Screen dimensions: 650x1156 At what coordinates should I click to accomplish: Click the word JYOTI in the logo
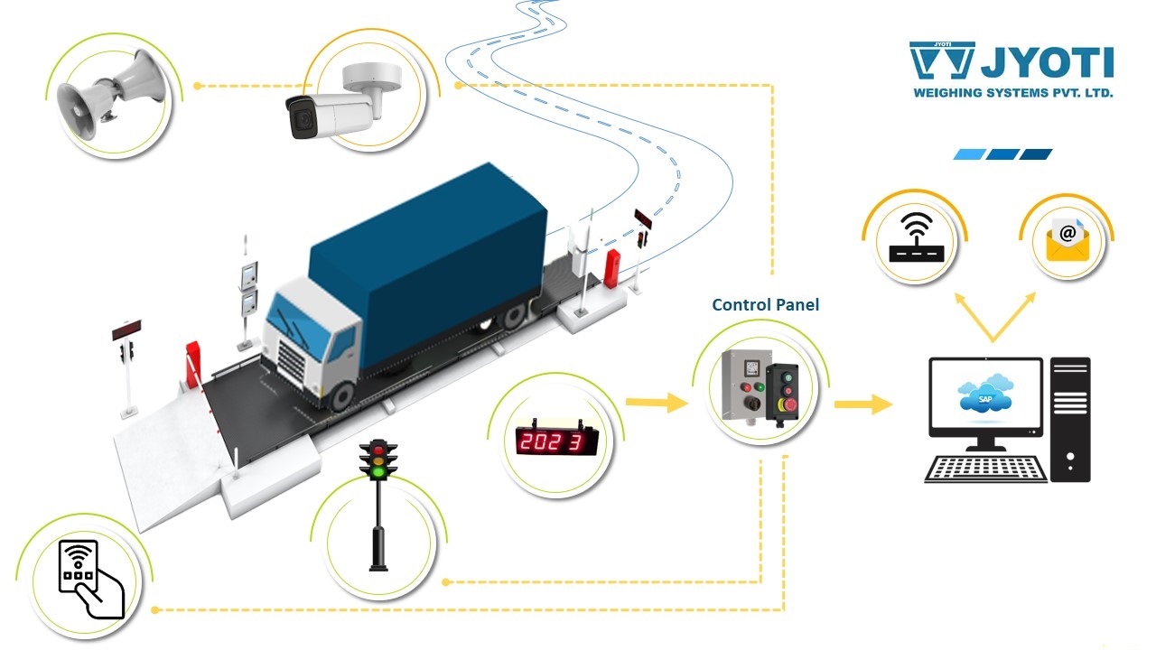(1048, 63)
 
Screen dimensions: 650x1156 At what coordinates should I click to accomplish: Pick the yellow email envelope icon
(1068, 239)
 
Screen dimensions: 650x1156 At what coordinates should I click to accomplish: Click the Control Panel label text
(765, 305)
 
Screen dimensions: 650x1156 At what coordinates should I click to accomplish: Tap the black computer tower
(1070, 419)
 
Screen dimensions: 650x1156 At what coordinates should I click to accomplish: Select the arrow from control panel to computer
(862, 404)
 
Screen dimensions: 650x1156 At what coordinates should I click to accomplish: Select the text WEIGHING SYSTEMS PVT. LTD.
(1011, 93)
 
